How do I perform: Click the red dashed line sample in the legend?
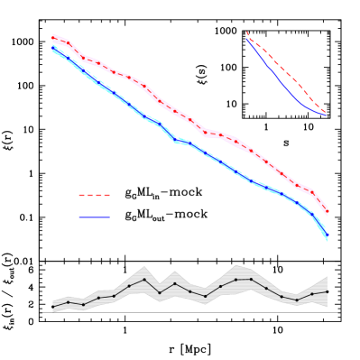tap(94, 195)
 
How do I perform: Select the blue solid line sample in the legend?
tap(94, 217)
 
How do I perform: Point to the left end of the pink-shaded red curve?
tap(53, 37)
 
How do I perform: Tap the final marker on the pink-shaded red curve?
tap(327, 212)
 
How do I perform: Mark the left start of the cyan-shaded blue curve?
tap(53, 49)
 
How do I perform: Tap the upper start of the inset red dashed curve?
tap(247, 32)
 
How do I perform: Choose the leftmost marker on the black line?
tap(53, 305)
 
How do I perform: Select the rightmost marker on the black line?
tap(327, 291)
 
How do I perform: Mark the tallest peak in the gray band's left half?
tap(143, 266)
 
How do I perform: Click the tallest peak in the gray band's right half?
tap(236, 265)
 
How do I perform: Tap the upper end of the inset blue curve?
tap(247, 39)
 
